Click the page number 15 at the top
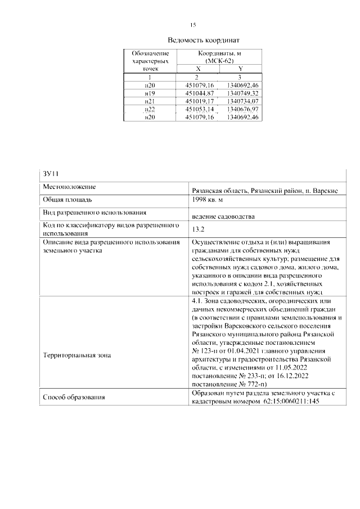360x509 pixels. [x=193, y=25]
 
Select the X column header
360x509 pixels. [x=196, y=68]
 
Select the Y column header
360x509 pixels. [x=240, y=68]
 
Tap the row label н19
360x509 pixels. [x=150, y=92]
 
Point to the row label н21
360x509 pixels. [x=150, y=100]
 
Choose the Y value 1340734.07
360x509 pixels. [x=240, y=100]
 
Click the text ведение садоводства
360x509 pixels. [x=223, y=216]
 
